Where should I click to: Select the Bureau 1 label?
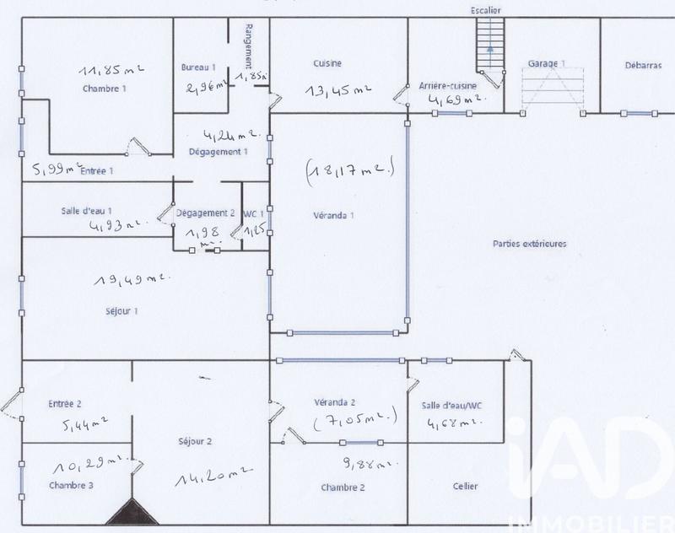(x=198, y=67)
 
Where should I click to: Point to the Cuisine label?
(x=327, y=63)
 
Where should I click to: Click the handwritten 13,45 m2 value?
(x=338, y=89)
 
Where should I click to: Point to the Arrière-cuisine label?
(x=448, y=86)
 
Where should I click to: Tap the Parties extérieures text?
(x=529, y=244)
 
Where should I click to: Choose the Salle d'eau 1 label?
(x=86, y=211)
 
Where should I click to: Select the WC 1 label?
(x=254, y=213)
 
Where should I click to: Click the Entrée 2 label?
(x=66, y=405)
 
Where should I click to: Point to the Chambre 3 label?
(x=71, y=485)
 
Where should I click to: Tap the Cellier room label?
(x=465, y=487)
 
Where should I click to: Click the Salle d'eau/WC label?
(x=453, y=406)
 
